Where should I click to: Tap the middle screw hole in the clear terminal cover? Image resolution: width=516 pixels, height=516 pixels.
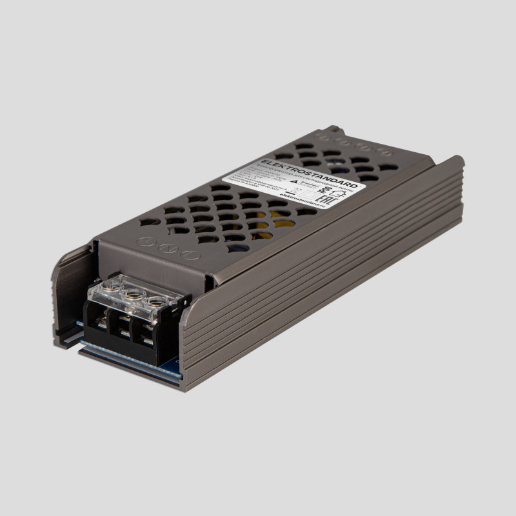134,292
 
